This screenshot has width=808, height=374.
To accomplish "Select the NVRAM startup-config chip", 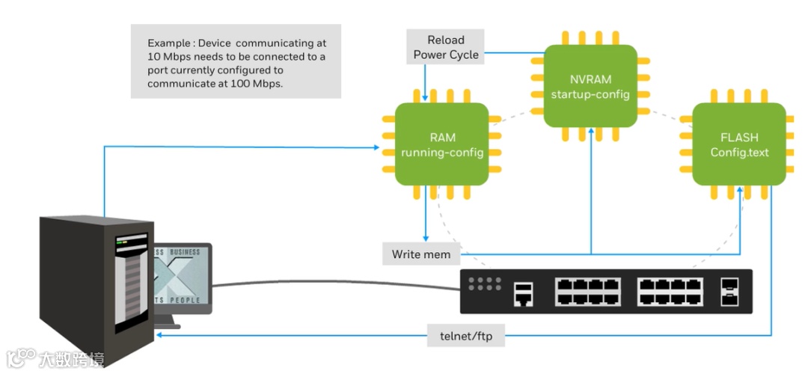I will (590, 86).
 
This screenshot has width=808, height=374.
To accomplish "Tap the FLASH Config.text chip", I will (738, 145).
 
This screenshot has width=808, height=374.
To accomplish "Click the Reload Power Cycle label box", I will (446, 47).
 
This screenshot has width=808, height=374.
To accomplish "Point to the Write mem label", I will (421, 254).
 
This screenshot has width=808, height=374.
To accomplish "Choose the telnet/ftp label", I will (466, 337).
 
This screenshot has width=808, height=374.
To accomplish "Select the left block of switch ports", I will (587, 291).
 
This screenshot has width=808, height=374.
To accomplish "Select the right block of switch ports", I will (670, 291).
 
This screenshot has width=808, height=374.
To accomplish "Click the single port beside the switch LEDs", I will (524, 295).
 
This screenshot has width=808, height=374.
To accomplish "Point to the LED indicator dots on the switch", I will (484, 283).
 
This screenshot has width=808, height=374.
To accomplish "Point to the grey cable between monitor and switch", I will (337, 283).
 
